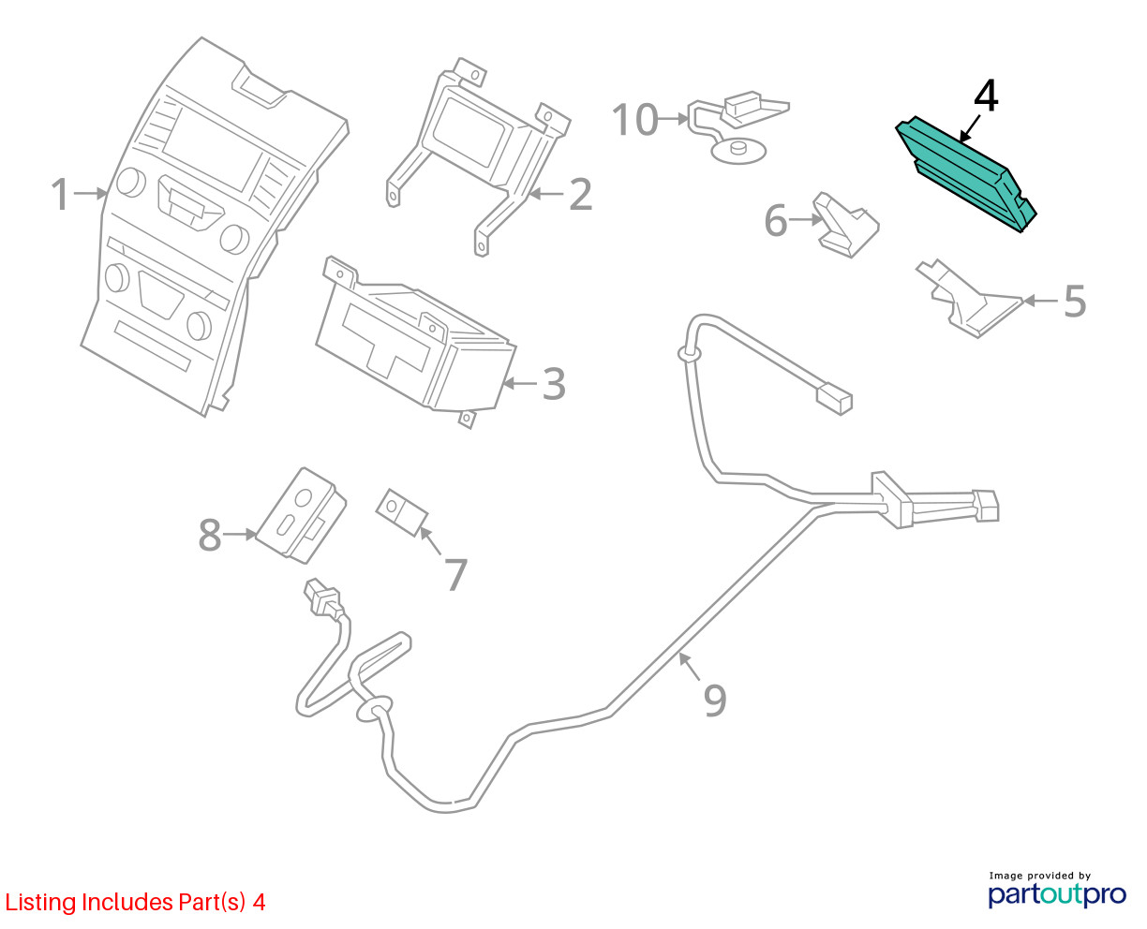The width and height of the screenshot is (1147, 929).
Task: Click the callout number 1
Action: [60, 194]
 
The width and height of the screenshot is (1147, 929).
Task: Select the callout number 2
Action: [580, 194]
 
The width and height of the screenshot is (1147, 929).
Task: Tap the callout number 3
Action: [554, 384]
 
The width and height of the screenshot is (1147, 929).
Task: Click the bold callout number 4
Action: [986, 96]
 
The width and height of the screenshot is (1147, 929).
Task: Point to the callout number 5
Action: [1075, 302]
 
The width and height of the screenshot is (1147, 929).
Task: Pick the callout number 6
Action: [775, 220]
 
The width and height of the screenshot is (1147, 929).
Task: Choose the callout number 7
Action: [456, 574]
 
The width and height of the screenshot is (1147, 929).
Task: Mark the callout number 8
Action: [210, 535]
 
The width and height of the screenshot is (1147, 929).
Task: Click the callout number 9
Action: [715, 700]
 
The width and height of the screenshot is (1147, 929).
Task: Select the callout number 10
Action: [635, 119]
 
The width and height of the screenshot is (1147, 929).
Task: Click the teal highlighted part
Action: [965, 173]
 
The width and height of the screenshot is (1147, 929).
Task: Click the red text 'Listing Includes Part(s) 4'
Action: [135, 902]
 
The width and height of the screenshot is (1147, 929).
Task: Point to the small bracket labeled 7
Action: [402, 512]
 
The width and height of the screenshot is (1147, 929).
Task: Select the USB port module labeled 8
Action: [301, 515]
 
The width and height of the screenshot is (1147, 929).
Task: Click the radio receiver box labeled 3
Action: [416, 343]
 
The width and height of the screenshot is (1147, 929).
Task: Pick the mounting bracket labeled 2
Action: [477, 156]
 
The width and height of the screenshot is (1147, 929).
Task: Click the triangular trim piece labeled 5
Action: [968, 300]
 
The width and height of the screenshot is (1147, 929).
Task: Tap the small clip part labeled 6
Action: [845, 225]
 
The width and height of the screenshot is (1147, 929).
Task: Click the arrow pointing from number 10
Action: [673, 118]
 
